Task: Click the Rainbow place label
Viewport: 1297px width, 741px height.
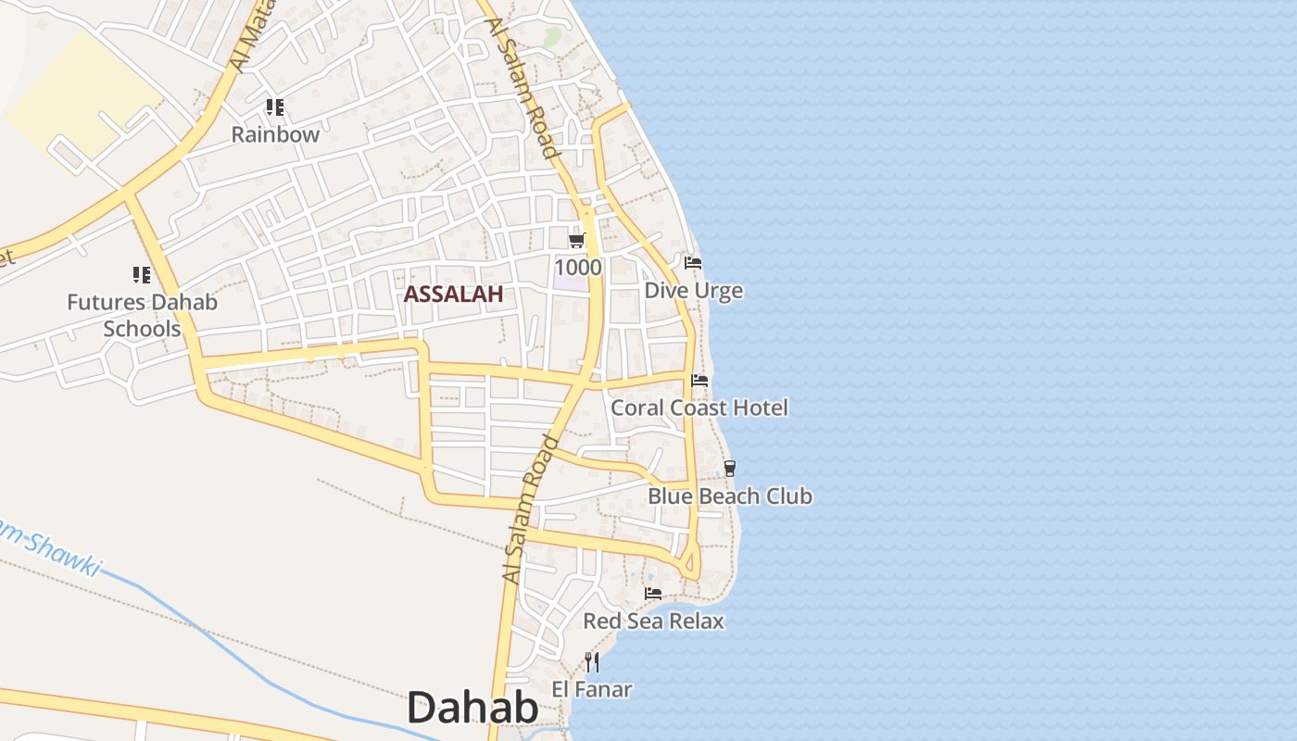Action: tap(275, 134)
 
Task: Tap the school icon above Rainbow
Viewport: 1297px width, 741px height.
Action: tap(274, 107)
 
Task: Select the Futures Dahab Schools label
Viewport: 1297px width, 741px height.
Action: tap(142, 315)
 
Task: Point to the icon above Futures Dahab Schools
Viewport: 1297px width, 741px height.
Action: tap(141, 275)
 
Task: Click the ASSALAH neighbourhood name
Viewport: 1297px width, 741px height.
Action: tap(453, 295)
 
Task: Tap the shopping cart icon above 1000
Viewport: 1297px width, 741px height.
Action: tap(576, 241)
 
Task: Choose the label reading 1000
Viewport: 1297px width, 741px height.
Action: tap(578, 268)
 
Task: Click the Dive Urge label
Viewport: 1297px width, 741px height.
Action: tap(693, 291)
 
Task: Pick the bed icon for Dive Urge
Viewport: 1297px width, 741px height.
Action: tap(693, 263)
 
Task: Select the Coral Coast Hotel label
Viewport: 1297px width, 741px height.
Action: tap(699, 408)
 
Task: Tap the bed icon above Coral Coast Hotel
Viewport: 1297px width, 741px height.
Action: tap(699, 380)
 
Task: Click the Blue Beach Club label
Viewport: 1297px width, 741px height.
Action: tap(730, 496)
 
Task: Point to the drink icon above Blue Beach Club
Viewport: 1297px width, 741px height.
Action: tap(730, 469)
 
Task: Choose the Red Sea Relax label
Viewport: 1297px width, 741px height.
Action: tap(653, 621)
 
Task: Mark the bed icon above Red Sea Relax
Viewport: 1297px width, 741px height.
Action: tap(653, 593)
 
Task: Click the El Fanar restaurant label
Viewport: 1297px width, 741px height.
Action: tap(592, 689)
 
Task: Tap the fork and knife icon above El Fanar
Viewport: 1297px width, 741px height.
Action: tap(592, 661)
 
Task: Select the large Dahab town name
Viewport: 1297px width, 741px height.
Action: tap(472, 708)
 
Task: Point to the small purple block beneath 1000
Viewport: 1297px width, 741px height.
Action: tap(571, 283)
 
